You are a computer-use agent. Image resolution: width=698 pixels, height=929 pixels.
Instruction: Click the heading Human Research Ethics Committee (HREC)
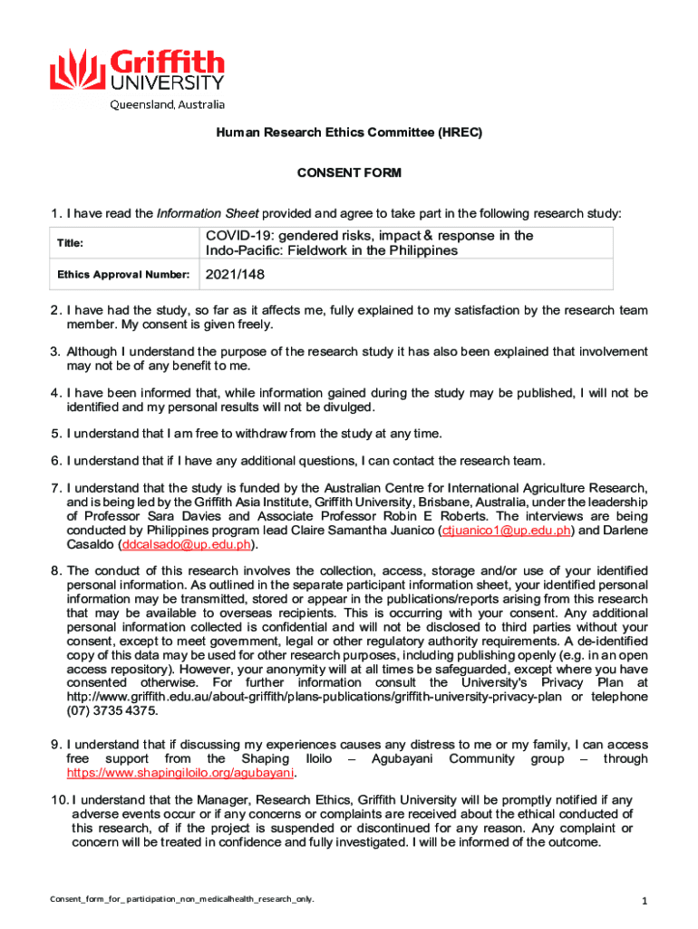pos(349,132)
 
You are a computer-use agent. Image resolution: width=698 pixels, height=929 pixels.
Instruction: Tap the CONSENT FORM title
pos(349,173)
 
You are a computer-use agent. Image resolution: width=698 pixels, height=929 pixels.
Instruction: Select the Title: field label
pos(70,243)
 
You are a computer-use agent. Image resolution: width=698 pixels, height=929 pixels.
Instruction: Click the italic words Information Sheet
pos(208,214)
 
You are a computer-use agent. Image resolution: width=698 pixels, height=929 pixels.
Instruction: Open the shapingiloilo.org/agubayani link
pos(181,774)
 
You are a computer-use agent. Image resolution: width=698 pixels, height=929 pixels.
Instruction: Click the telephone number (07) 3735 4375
pos(105,710)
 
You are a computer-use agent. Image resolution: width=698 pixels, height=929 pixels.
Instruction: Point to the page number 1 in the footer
pos(643,901)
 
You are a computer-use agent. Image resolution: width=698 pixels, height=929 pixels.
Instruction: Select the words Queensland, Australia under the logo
pos(168,104)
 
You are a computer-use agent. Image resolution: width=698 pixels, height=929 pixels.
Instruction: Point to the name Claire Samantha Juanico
pos(363,531)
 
